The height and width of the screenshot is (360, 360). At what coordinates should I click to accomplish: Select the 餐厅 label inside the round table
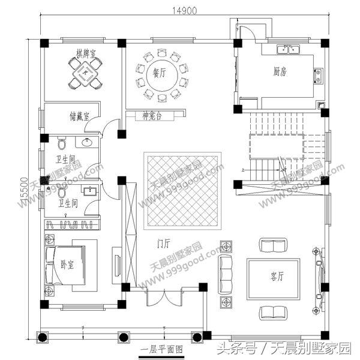[x=159, y=74]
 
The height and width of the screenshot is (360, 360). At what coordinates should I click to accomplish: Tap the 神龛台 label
[x=153, y=115]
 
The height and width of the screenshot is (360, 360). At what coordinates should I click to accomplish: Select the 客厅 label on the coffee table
[x=277, y=276]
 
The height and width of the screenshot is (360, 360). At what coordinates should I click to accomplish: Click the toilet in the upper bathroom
[x=61, y=144]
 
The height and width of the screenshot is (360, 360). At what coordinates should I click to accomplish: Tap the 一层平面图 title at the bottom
[x=161, y=349]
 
